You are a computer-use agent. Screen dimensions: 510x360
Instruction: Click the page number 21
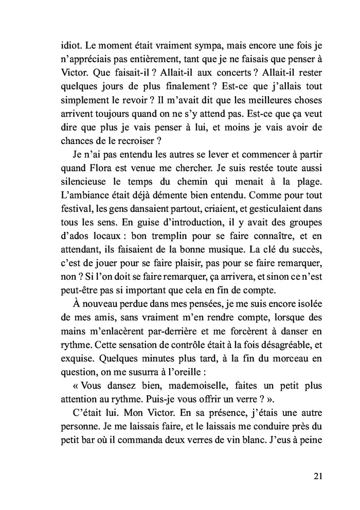(x=317, y=475)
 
